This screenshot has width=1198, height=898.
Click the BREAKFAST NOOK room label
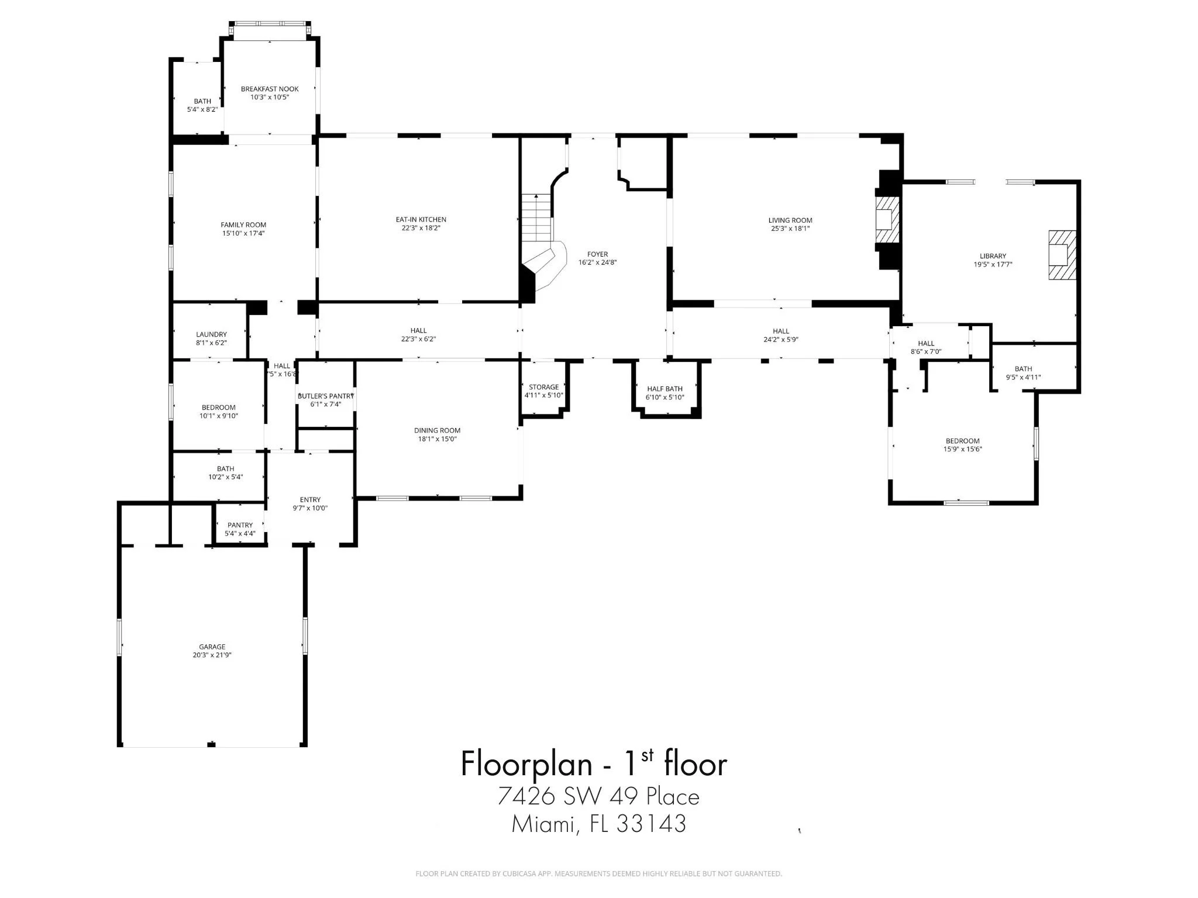click(270, 89)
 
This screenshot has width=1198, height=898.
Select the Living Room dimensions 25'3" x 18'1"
click(790, 229)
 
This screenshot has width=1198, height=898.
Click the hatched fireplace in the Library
click(1062, 255)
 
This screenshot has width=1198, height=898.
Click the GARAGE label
click(212, 647)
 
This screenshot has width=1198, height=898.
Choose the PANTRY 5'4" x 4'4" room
click(240, 529)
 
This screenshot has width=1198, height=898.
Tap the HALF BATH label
click(665, 389)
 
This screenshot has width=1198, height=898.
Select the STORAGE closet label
click(543, 387)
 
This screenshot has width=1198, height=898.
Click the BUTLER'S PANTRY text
click(326, 396)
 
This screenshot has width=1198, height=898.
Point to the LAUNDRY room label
click(211, 334)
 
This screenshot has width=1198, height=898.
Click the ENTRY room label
click(310, 499)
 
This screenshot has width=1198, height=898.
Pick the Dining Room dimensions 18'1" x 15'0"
click(437, 438)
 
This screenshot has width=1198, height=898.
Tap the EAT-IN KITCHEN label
click(421, 220)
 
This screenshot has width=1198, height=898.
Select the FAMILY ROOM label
click(243, 224)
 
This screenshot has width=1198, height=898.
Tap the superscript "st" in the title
click(647, 755)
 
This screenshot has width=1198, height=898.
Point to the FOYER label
click(597, 254)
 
